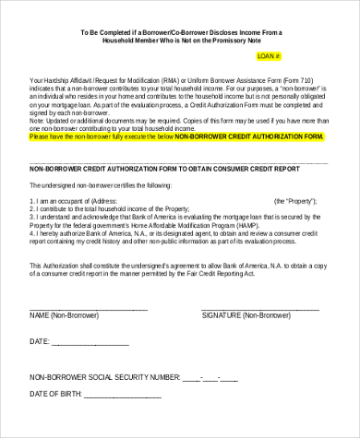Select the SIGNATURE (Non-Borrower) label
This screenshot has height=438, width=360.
pyautogui.click(x=244, y=315)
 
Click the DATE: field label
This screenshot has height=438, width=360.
pyautogui.click(x=40, y=342)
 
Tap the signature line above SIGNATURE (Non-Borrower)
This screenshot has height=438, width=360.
pyautogui.click(x=254, y=306)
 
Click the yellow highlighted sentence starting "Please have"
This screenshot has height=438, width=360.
pyautogui.click(x=175, y=136)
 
